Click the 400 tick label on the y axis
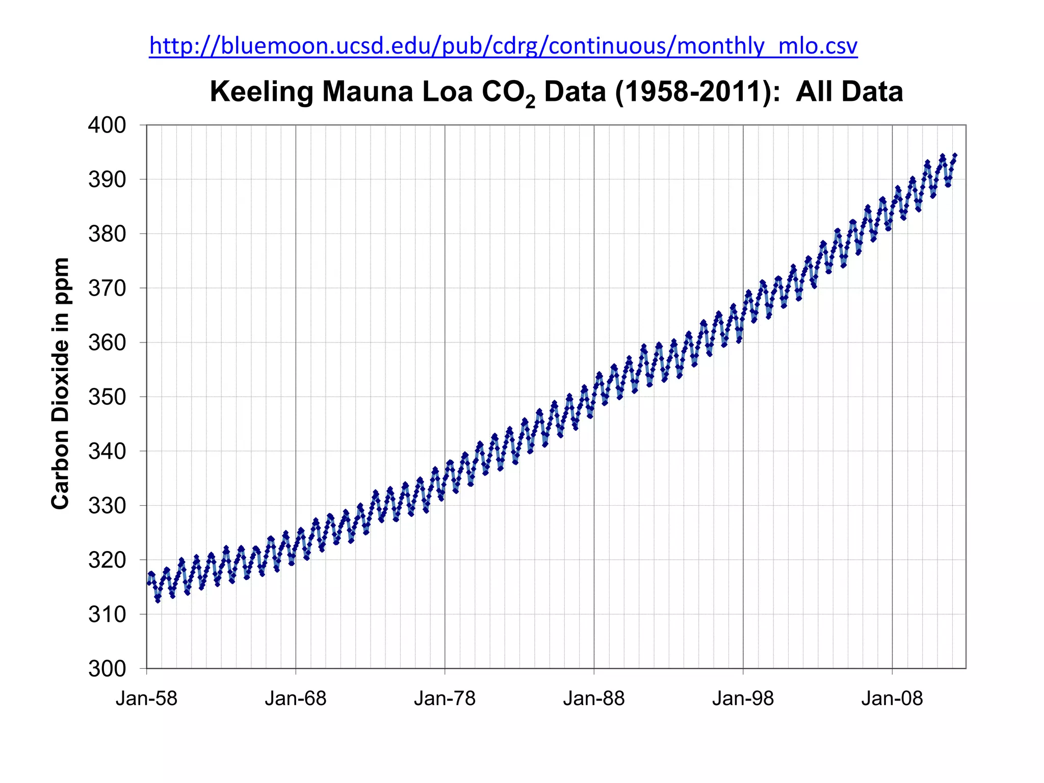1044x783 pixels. pyautogui.click(x=107, y=125)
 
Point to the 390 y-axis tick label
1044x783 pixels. pyautogui.click(x=107, y=179)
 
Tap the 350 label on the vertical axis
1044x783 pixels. pyautogui.click(x=107, y=397)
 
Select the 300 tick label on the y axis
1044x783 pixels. pyautogui.click(x=107, y=669)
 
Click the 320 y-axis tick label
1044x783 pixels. pyautogui.click(x=107, y=560)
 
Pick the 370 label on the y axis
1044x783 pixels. pyautogui.click(x=107, y=289)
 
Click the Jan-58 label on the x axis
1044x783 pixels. pyautogui.click(x=146, y=698)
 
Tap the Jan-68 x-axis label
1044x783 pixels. pyautogui.click(x=296, y=698)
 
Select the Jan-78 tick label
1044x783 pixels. pyautogui.click(x=445, y=698)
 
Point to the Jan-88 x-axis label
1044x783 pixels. pyautogui.click(x=594, y=698)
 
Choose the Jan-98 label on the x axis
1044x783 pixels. pyautogui.click(x=743, y=698)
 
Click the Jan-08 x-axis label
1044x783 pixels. pyautogui.click(x=892, y=698)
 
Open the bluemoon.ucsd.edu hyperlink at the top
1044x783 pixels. pyautogui.click(x=503, y=46)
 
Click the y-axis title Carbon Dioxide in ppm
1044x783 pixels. pyautogui.click(x=60, y=383)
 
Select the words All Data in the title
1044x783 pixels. pyautogui.click(x=849, y=92)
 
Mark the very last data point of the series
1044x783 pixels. pyautogui.click(x=955, y=155)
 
